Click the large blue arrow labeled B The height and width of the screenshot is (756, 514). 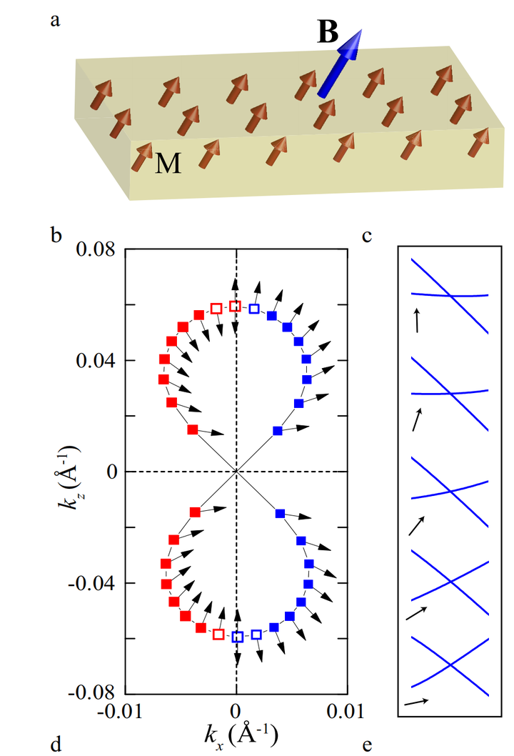click(338, 65)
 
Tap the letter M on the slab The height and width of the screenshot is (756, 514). click(168, 164)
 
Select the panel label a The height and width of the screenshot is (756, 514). click(54, 20)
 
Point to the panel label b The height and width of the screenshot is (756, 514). click(54, 233)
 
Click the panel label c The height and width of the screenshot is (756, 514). click(366, 234)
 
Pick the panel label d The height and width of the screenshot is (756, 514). click(54, 745)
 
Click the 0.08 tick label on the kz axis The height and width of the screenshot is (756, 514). click(98, 249)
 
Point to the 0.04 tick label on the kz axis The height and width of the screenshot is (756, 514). click(98, 360)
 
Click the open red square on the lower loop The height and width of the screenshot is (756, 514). click(218, 634)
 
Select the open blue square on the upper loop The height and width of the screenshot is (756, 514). click(255, 309)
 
